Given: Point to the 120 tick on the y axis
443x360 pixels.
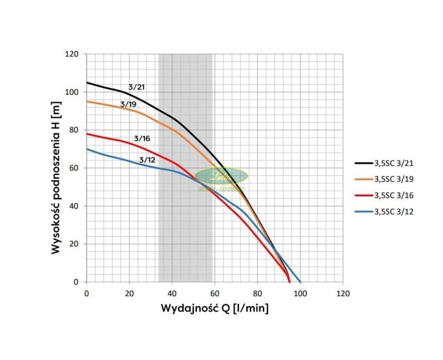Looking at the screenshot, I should [72, 54].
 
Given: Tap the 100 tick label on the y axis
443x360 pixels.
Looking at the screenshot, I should [72, 92].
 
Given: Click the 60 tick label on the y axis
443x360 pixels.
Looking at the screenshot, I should [74, 168].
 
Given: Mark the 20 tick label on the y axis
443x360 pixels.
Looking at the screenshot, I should [74, 244].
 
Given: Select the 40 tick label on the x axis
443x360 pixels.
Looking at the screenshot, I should [172, 293].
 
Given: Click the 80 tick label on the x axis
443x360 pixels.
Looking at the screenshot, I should [257, 293].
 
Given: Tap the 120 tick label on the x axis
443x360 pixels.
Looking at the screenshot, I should [343, 293].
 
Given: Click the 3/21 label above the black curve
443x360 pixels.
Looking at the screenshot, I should [137, 87].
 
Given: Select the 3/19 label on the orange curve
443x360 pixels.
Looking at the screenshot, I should [128, 104].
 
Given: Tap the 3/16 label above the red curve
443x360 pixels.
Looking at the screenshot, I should [142, 139].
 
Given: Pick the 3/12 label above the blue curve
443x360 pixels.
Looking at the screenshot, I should [147, 160].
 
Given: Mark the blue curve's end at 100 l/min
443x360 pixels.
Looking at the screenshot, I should [300, 282].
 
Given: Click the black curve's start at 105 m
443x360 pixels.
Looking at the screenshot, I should [87, 83].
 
